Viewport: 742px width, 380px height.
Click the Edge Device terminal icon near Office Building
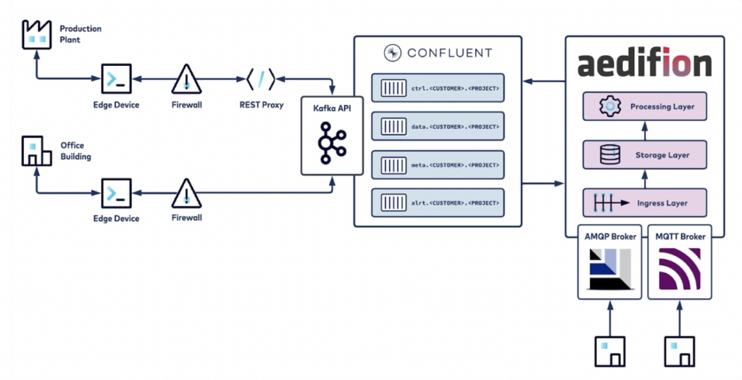pos(116,193)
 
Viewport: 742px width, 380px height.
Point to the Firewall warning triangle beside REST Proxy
pos(186,79)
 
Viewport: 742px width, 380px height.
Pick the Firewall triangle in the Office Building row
pos(186,193)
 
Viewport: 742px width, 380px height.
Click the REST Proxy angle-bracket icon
pos(260,79)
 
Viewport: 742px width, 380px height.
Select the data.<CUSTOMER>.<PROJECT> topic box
pos(438,127)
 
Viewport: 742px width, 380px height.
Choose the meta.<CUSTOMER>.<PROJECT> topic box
pos(438,165)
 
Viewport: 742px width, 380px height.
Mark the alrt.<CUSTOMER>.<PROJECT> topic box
pos(438,202)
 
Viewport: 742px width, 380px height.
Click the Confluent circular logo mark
pos(392,53)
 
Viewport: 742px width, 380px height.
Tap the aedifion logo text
pos(644,65)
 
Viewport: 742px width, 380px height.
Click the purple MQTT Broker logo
pos(679,270)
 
